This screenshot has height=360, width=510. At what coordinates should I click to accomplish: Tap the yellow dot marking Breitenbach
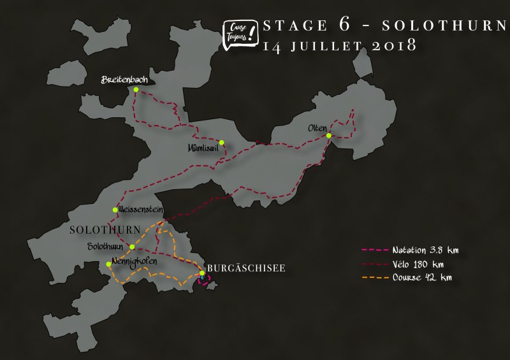[136, 90]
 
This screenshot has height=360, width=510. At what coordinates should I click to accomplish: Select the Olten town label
[317, 127]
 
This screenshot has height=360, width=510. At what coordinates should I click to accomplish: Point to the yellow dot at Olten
[328, 136]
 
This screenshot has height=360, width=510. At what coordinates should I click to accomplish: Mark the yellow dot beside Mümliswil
[221, 142]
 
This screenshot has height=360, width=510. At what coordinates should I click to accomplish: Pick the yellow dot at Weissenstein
[115, 210]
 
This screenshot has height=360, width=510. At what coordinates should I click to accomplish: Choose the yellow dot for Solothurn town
[132, 247]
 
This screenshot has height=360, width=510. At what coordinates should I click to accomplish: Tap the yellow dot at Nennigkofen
[108, 264]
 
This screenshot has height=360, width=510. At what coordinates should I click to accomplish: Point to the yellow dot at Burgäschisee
[202, 274]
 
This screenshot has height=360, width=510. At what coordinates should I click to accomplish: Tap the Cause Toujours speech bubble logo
[238, 32]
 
